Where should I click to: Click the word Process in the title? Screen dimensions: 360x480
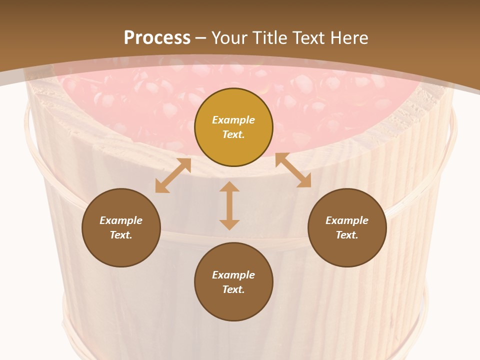[x=157, y=38]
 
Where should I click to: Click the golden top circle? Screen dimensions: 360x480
[x=233, y=127]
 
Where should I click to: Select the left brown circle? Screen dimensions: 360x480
[x=121, y=227]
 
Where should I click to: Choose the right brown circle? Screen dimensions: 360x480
[x=347, y=227]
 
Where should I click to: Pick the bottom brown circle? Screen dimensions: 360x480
[x=233, y=282]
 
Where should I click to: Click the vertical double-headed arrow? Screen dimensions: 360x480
[x=229, y=205]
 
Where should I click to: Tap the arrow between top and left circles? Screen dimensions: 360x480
[x=173, y=175]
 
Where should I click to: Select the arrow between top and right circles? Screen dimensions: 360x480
[x=293, y=170]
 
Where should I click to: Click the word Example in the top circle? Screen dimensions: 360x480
[x=233, y=120]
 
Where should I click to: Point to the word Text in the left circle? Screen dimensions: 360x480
[x=121, y=235]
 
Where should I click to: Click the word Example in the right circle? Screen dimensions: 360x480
[x=347, y=220]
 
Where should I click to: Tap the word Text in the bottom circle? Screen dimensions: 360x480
[x=233, y=289]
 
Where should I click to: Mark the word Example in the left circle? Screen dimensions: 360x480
[x=121, y=220]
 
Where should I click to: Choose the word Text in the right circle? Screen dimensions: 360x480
[x=347, y=235]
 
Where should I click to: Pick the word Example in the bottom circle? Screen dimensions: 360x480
[x=233, y=275]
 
